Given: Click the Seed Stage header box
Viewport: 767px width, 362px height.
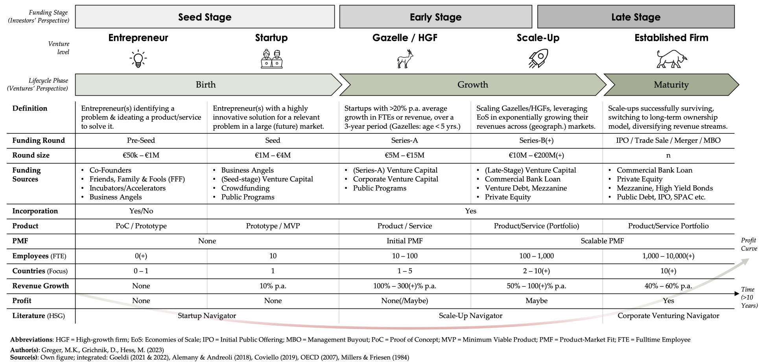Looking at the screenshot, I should coord(205,17).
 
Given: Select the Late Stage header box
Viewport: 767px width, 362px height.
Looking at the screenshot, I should coord(636,17).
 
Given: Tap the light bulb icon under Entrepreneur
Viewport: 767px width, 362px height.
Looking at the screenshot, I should coord(138,59).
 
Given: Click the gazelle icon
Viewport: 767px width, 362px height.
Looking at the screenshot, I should coord(405,59).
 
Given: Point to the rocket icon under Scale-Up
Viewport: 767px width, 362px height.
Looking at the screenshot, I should coord(538,59).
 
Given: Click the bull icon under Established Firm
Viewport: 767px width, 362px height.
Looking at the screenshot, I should coord(671,59).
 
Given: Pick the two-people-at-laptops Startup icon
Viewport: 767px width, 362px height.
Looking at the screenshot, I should coord(271,59).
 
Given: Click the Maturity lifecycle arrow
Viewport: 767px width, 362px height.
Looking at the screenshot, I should coord(671,85).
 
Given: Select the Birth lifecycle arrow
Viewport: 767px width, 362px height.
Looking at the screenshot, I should coord(206,85).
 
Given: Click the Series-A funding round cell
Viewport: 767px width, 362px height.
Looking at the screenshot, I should coord(405,140).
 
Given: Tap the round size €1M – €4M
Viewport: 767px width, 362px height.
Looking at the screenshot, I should coord(273,155).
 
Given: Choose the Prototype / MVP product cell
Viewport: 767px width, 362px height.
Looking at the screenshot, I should coord(273,226).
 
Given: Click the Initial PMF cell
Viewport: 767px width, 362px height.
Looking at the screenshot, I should coord(405,241).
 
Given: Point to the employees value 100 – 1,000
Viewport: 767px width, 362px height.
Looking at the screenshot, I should coord(537,256).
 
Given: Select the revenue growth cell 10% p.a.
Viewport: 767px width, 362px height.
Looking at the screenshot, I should coord(273,286).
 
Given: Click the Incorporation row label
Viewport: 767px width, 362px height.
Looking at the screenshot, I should coord(35,211).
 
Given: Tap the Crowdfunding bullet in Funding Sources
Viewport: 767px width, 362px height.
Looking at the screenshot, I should coord(245,188).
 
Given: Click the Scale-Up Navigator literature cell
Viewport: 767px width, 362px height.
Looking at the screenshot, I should coord(470,316).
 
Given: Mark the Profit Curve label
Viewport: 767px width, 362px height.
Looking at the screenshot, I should coord(749,244).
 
